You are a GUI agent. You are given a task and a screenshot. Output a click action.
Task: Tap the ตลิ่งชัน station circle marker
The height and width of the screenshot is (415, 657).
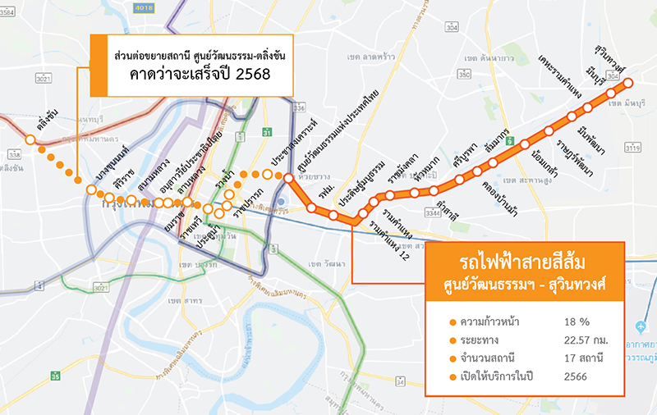pyautogui.click(x=30, y=140)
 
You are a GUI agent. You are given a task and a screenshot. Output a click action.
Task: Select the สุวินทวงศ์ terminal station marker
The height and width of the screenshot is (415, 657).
pyautogui.click(x=628, y=84)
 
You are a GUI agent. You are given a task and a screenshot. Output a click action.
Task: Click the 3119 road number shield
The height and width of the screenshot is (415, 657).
pyautogui.click(x=632, y=148)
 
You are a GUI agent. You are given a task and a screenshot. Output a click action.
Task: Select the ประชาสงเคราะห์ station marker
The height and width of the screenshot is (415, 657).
pyautogui.click(x=267, y=174)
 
